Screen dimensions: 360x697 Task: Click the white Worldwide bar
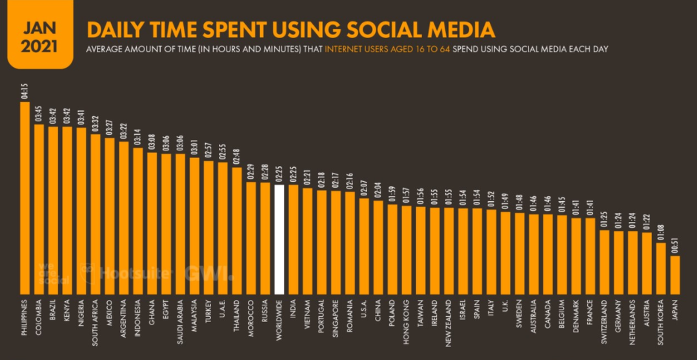(x=279, y=239)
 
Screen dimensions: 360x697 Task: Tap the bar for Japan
(x=675, y=274)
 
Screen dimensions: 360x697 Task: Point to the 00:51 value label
(x=675, y=246)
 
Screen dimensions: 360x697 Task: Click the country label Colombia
(x=39, y=316)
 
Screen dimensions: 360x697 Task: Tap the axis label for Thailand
(x=237, y=314)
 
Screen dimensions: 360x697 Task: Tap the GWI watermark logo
(x=208, y=273)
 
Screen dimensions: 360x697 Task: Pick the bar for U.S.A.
(x=364, y=245)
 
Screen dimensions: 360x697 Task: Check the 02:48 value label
(x=237, y=157)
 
